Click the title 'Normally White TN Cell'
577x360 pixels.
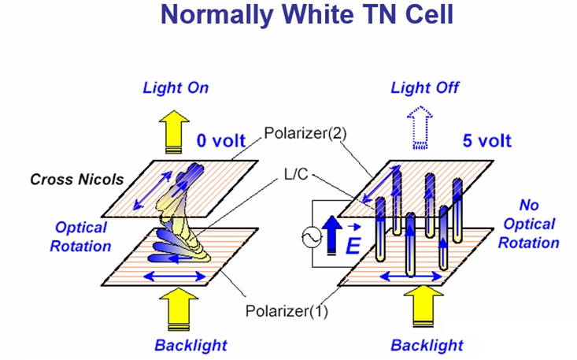point(288,17)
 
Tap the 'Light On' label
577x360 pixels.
point(176,87)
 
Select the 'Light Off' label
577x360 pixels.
point(425,87)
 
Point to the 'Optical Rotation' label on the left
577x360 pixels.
point(81,236)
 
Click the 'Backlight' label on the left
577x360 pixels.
point(190,344)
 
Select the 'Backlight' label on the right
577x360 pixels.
point(427,344)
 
